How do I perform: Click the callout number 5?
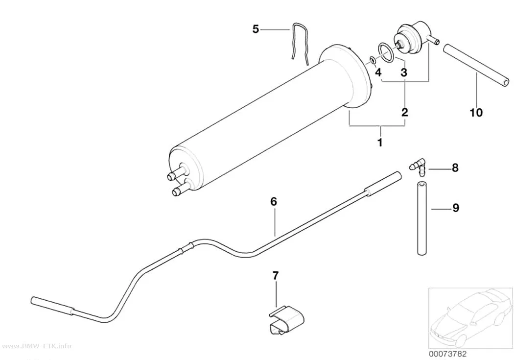click(256, 29)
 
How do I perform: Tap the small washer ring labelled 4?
click(373, 59)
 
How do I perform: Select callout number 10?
click(476, 113)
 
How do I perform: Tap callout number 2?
click(405, 112)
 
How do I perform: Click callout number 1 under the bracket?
click(380, 143)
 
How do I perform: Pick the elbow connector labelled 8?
click(420, 166)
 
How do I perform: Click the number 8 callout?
click(455, 168)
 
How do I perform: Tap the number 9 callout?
click(456, 208)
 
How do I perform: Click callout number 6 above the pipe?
click(274, 201)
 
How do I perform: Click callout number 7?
click(275, 276)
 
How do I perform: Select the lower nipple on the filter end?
click(180, 189)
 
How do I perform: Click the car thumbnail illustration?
click(471, 317)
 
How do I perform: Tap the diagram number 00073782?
click(447, 354)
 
